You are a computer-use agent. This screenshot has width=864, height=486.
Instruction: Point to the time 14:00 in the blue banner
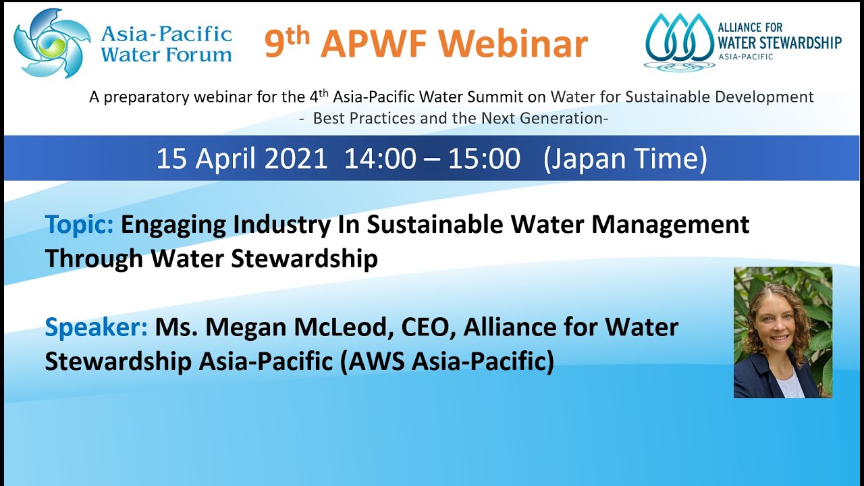(x=380, y=159)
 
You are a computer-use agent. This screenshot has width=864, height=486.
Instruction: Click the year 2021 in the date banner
(x=296, y=159)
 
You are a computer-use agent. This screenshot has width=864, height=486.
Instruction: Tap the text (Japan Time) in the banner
(x=625, y=159)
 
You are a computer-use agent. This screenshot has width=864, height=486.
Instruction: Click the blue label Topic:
(x=79, y=224)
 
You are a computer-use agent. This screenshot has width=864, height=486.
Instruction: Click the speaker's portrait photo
(x=782, y=332)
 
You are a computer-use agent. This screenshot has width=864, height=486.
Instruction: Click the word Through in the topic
(x=94, y=258)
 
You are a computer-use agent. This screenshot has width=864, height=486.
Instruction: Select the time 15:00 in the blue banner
(x=484, y=159)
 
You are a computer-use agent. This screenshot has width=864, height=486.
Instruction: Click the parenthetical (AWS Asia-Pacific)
(x=447, y=361)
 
